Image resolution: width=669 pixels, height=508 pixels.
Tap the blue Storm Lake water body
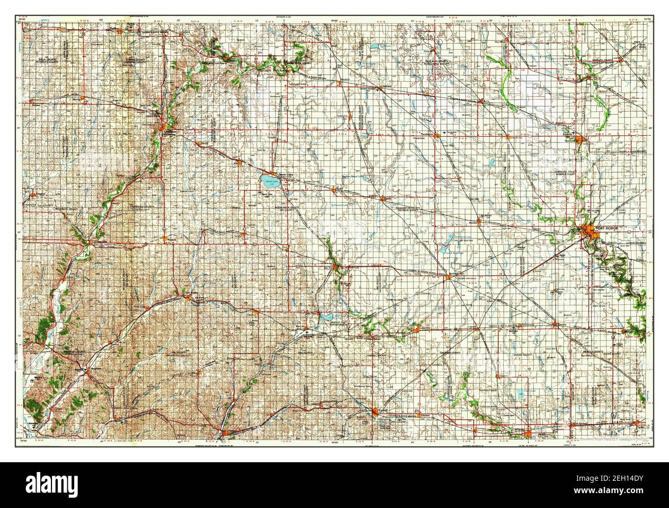pos(268,181)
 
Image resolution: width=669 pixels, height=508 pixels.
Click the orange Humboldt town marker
pos(580,139)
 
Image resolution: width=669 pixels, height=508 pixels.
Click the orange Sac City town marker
pos(336,268)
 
